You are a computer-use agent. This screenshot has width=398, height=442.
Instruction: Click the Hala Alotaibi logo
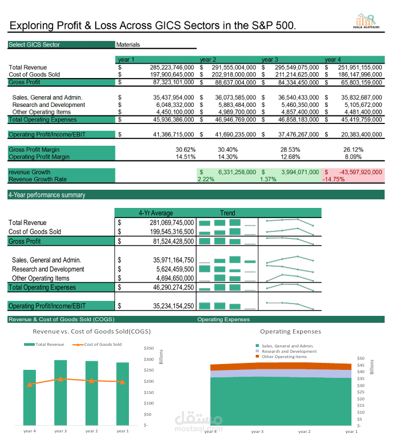tap(366, 21)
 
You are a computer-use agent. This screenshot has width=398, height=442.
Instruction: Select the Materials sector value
tap(128, 44)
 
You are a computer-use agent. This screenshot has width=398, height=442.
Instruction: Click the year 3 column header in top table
tap(270, 59)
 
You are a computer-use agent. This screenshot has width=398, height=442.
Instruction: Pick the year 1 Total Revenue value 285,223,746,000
tap(172, 67)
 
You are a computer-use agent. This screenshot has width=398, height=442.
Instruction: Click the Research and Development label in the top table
tap(49, 105)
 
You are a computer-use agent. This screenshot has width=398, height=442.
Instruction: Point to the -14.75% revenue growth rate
tap(334, 179)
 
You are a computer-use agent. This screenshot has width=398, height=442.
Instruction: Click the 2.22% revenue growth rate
tap(206, 179)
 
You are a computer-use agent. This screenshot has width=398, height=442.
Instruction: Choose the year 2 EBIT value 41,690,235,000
tap(235, 135)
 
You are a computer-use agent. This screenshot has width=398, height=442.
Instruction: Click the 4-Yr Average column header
tap(156, 213)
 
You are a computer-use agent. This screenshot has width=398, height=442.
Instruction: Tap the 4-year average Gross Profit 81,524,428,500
tap(173, 241)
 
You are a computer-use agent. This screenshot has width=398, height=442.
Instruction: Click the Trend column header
tap(227, 213)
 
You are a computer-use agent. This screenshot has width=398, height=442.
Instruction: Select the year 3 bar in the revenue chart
tap(60, 393)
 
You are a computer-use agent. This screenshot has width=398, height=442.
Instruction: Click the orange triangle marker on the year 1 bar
tap(123, 382)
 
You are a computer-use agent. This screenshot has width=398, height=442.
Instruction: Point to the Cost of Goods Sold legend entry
tap(97, 345)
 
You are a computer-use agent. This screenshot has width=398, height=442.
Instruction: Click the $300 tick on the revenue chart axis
tap(149, 359)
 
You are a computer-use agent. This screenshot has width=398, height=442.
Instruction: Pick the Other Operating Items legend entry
tap(281, 356)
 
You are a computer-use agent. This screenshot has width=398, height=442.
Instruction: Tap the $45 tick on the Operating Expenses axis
tap(361, 365)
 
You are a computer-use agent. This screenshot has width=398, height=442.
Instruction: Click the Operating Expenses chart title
tap(290, 331)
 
